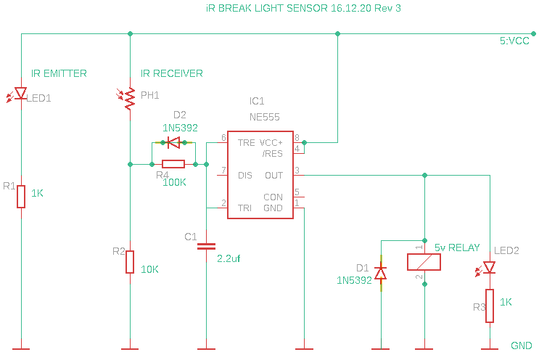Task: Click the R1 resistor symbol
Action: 21,197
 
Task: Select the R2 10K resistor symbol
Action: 130,261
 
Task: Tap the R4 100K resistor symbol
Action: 173,164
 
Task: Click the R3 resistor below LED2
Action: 490,306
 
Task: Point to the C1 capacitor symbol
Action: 207,246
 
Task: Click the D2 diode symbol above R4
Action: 173,142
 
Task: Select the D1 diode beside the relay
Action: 379,272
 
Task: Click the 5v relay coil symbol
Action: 424,262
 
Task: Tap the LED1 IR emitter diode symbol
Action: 21,94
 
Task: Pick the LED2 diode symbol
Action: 489,268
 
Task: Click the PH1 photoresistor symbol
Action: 131,98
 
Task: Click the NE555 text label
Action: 264,117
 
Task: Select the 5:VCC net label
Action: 514,41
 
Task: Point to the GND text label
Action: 521,345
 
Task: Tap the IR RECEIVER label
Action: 171,73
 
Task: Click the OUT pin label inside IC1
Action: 273,176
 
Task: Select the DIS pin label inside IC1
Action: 245,176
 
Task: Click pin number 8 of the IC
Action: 297,136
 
